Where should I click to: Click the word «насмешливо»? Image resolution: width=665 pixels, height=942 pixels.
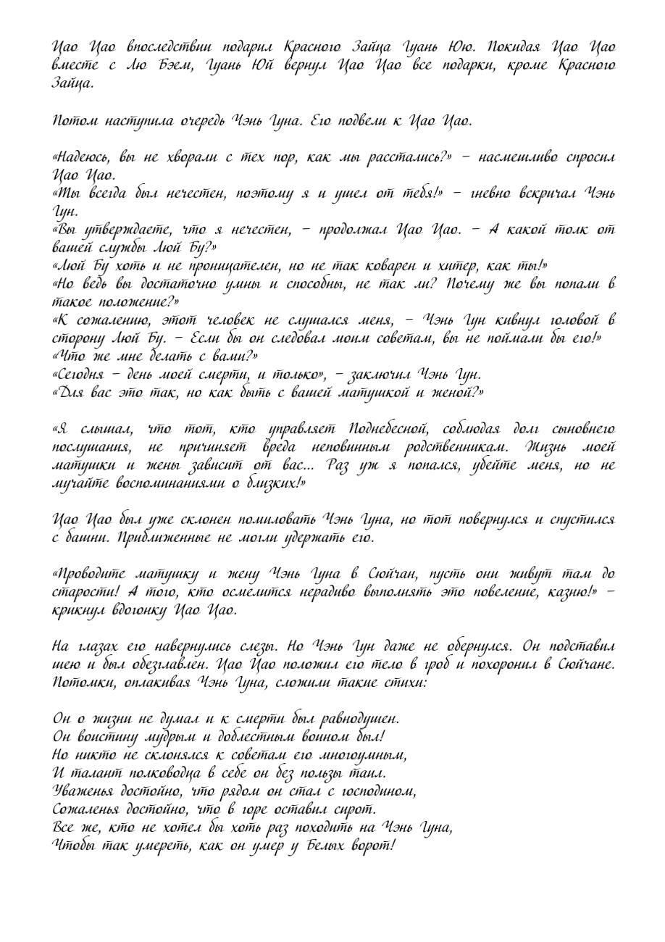tap(519, 158)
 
